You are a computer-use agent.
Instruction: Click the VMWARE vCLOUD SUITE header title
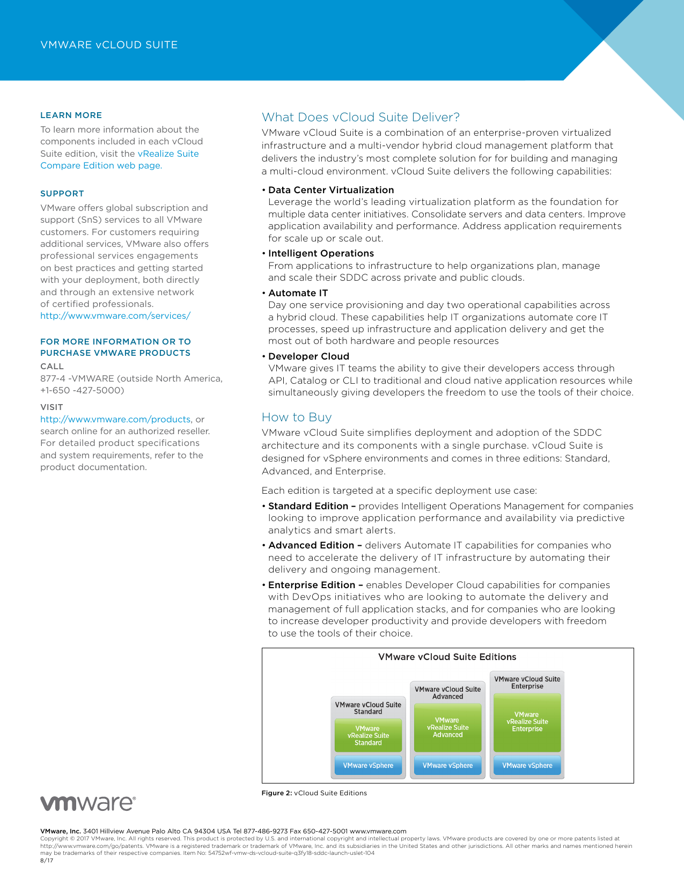click(x=109, y=45)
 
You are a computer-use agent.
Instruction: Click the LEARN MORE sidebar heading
click(x=71, y=115)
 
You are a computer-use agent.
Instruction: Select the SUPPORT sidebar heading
click(x=62, y=194)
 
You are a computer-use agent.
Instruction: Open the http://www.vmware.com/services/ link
click(x=115, y=316)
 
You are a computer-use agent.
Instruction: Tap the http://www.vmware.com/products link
click(x=115, y=419)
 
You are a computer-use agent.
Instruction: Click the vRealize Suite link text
click(x=168, y=153)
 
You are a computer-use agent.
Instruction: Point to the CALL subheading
click(x=52, y=367)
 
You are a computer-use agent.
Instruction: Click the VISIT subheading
click(x=52, y=407)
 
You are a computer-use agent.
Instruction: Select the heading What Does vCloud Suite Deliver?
click(x=361, y=118)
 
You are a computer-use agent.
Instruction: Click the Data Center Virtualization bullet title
click(x=331, y=190)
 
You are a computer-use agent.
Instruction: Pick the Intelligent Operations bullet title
click(x=321, y=253)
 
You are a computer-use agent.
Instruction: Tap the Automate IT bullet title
click(x=298, y=293)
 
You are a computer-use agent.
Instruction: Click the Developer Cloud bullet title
click(x=308, y=356)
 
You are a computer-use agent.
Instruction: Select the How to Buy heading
click(x=297, y=418)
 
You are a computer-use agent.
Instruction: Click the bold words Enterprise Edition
click(x=312, y=585)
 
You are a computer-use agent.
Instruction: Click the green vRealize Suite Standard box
click(x=368, y=736)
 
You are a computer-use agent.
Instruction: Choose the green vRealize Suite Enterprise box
click(x=527, y=722)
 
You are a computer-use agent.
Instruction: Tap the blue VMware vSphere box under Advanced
click(x=447, y=766)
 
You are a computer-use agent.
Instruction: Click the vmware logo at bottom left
click(x=88, y=803)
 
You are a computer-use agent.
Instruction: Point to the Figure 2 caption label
click(x=276, y=793)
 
